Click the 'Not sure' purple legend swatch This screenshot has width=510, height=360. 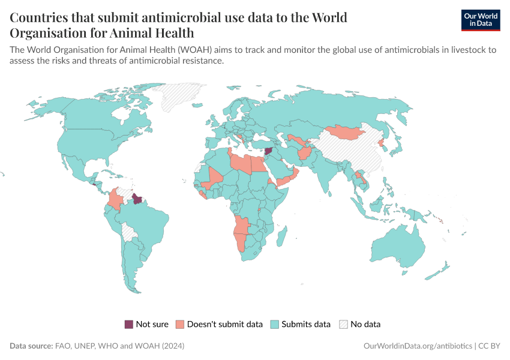point(129,324)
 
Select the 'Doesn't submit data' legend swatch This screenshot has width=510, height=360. point(180,324)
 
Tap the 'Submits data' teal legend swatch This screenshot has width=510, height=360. point(274,324)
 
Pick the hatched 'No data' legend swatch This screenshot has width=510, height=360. point(343,324)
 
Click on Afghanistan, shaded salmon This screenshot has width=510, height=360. point(304,155)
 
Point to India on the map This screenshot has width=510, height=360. point(327,174)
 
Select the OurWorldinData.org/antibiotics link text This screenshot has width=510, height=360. point(418,346)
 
